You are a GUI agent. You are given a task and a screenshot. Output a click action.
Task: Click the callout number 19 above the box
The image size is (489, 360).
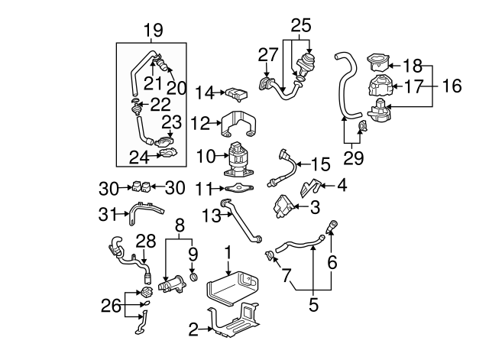click(153, 31)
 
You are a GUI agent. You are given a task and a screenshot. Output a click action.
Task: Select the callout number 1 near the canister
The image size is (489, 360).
click(227, 251)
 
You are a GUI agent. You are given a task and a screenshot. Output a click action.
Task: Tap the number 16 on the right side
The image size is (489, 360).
click(452, 86)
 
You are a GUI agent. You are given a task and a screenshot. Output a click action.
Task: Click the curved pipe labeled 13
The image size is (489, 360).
click(243, 223)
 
